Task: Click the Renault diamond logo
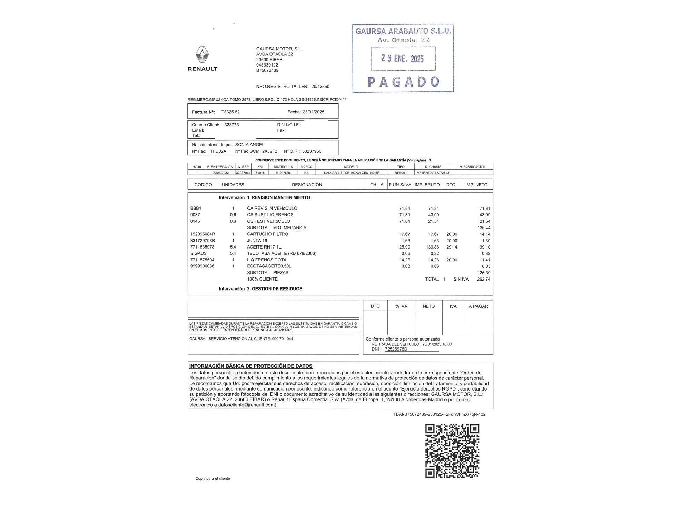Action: [202, 55]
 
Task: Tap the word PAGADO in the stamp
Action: [403, 82]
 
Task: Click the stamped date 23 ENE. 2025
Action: [403, 59]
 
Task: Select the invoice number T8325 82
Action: [230, 112]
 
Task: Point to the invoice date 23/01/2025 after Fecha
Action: [313, 112]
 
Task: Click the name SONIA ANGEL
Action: [250, 145]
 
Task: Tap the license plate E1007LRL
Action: [283, 173]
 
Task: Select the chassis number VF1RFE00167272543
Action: [433, 173]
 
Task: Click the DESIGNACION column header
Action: [307, 185]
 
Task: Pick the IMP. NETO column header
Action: [476, 185]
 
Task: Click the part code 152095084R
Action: [203, 234]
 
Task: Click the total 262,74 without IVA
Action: [483, 279]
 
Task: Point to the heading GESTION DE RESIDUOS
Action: [277, 289]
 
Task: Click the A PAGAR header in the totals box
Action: [478, 306]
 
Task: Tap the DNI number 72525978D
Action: [396, 349]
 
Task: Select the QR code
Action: [452, 451]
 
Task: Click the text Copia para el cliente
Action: [213, 478]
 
